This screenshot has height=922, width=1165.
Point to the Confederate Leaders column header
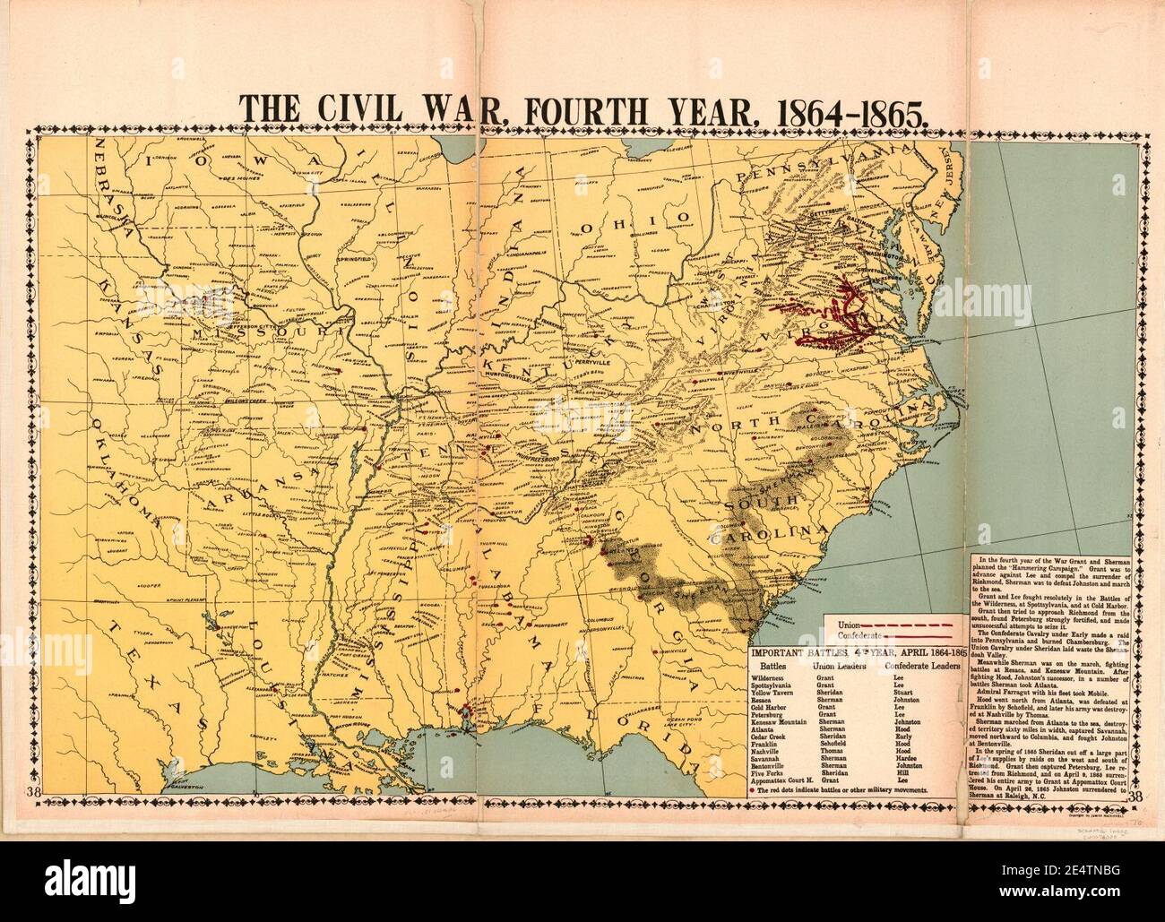pos(923,667)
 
